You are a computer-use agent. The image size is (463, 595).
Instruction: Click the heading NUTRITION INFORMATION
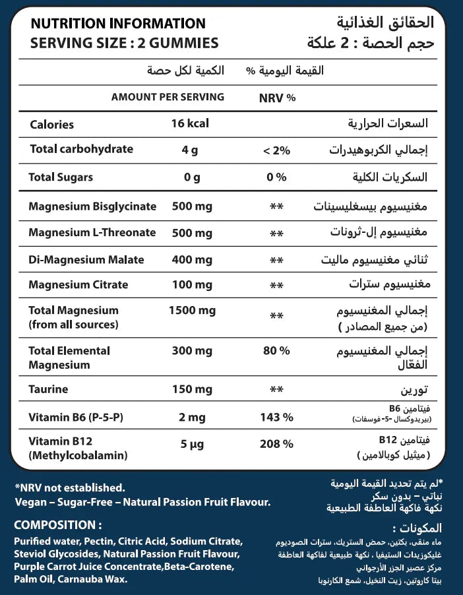[x=118, y=24]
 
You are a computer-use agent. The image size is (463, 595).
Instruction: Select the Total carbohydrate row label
[x=82, y=149]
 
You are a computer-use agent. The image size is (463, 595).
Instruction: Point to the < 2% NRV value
[x=276, y=150]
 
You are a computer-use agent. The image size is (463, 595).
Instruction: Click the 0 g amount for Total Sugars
[x=191, y=177]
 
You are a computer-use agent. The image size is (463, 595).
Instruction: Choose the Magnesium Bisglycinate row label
[x=92, y=206]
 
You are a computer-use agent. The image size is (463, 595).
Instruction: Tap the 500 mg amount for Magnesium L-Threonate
[x=191, y=232]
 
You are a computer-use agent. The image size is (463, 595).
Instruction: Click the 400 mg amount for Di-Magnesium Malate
[x=191, y=259]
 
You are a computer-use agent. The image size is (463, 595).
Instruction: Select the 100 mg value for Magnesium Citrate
[x=191, y=285]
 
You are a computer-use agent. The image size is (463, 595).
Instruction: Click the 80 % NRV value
[x=276, y=351]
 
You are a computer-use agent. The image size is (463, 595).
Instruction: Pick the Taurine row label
[x=49, y=390]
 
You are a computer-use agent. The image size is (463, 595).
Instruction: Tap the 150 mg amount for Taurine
[x=191, y=390]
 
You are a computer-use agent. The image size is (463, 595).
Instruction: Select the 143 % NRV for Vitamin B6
[x=276, y=417]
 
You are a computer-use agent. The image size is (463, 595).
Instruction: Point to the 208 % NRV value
[x=276, y=443]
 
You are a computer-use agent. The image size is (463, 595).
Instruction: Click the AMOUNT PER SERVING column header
[x=168, y=97]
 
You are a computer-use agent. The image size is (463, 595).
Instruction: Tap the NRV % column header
[x=278, y=98]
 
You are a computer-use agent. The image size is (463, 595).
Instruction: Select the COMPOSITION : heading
[x=58, y=525]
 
